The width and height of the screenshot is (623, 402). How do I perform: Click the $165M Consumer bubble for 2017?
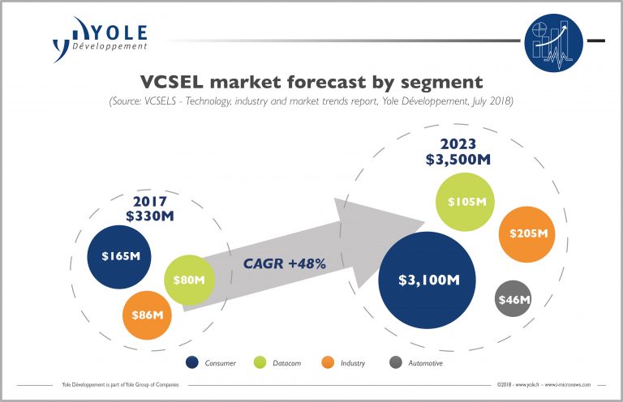[120, 256]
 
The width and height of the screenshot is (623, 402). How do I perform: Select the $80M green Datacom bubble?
[189, 280]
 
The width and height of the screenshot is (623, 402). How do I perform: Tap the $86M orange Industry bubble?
[148, 314]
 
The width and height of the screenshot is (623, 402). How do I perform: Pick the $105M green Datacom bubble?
[464, 202]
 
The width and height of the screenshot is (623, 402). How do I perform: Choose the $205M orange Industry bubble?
[528, 233]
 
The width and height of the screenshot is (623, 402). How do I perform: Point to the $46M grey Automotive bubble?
[513, 301]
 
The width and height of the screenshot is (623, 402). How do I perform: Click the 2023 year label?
[458, 143]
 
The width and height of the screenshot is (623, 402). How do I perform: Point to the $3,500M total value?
[458, 160]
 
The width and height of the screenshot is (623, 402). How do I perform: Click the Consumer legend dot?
[192, 362]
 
